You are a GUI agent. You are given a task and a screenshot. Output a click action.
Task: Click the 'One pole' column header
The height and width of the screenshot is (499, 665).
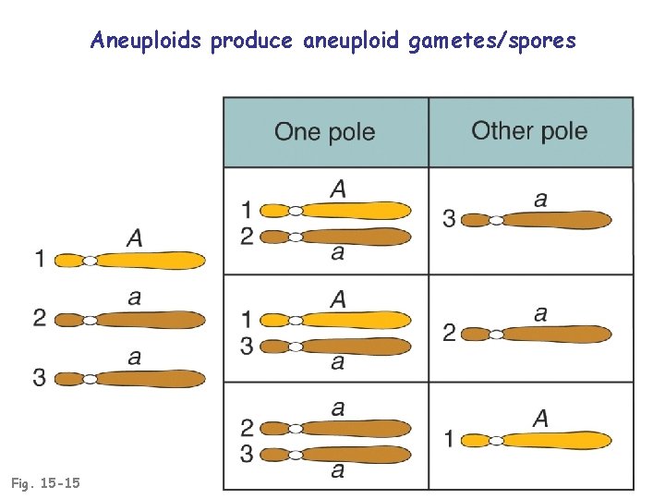(324, 131)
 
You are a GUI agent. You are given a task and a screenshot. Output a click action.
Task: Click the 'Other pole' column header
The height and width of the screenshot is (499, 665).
(529, 130)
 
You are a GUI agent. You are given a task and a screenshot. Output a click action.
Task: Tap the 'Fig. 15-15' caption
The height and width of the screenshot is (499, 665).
(45, 482)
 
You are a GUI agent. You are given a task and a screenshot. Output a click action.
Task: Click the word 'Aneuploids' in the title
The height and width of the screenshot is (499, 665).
(147, 41)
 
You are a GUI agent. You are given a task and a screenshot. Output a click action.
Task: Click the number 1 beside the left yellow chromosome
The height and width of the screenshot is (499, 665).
(39, 260)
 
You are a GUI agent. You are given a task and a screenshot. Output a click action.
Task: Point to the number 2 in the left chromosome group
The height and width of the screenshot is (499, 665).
(39, 319)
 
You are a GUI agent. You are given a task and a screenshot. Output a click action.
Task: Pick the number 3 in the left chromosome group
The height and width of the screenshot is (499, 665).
(39, 377)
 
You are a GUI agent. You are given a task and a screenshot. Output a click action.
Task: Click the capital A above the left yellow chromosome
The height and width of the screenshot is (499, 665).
(135, 238)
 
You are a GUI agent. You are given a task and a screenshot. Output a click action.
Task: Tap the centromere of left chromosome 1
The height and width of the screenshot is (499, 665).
(90, 262)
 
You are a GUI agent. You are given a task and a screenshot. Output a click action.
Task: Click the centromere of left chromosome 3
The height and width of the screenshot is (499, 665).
(90, 379)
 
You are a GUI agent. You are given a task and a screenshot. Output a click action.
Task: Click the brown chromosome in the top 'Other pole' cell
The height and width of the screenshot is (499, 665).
(545, 220)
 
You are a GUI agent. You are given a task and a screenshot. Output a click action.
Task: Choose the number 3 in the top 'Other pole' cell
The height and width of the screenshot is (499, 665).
(449, 219)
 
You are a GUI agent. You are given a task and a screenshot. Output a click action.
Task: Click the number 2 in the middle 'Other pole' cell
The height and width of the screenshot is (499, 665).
(449, 333)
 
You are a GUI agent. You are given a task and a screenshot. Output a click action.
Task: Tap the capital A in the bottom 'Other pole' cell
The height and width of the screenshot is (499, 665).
(540, 419)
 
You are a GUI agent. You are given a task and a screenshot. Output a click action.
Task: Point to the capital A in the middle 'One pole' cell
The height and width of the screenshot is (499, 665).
(338, 298)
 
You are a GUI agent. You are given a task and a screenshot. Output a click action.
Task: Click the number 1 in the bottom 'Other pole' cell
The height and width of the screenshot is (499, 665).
(449, 439)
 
